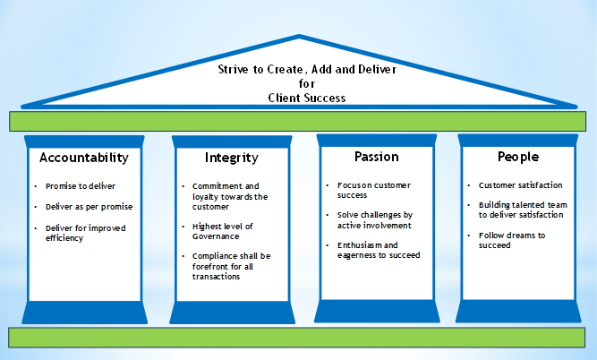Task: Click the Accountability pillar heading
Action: point(84,158)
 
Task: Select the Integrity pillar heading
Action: point(232,158)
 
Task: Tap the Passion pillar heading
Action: point(376,157)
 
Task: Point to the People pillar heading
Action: point(518,157)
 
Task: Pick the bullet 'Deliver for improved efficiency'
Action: point(85,233)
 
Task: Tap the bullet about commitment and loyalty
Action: point(230,196)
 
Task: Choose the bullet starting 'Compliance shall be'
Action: point(232,264)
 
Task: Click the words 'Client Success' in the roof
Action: point(307,98)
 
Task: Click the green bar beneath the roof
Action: point(298,120)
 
